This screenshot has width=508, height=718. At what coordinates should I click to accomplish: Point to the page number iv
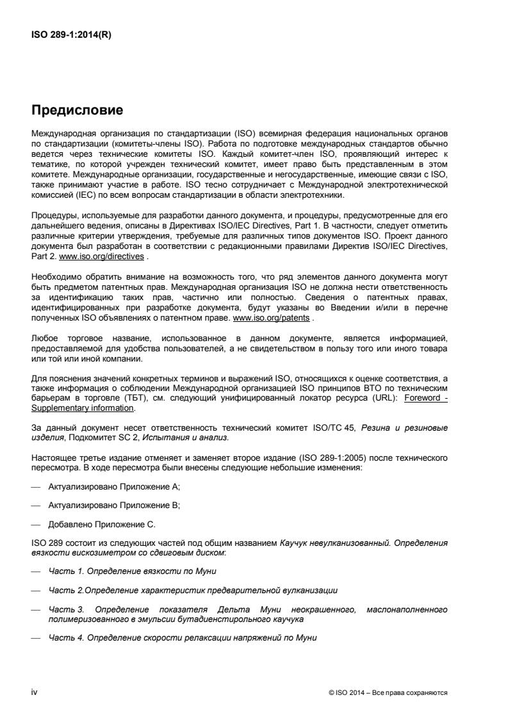[35, 692]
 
